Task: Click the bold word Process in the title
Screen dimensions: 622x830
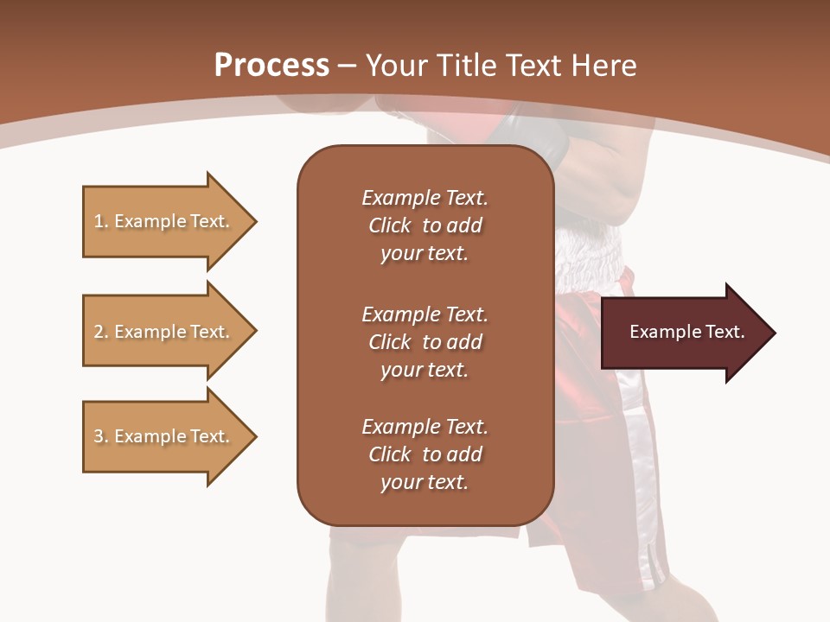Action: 271,65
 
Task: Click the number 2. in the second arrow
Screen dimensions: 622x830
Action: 100,332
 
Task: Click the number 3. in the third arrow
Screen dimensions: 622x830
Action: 100,436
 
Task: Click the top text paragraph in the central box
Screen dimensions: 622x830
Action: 425,225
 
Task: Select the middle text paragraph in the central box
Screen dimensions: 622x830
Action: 425,341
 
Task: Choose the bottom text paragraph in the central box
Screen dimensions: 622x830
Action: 425,454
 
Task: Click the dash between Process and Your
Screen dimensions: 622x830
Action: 348,66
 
